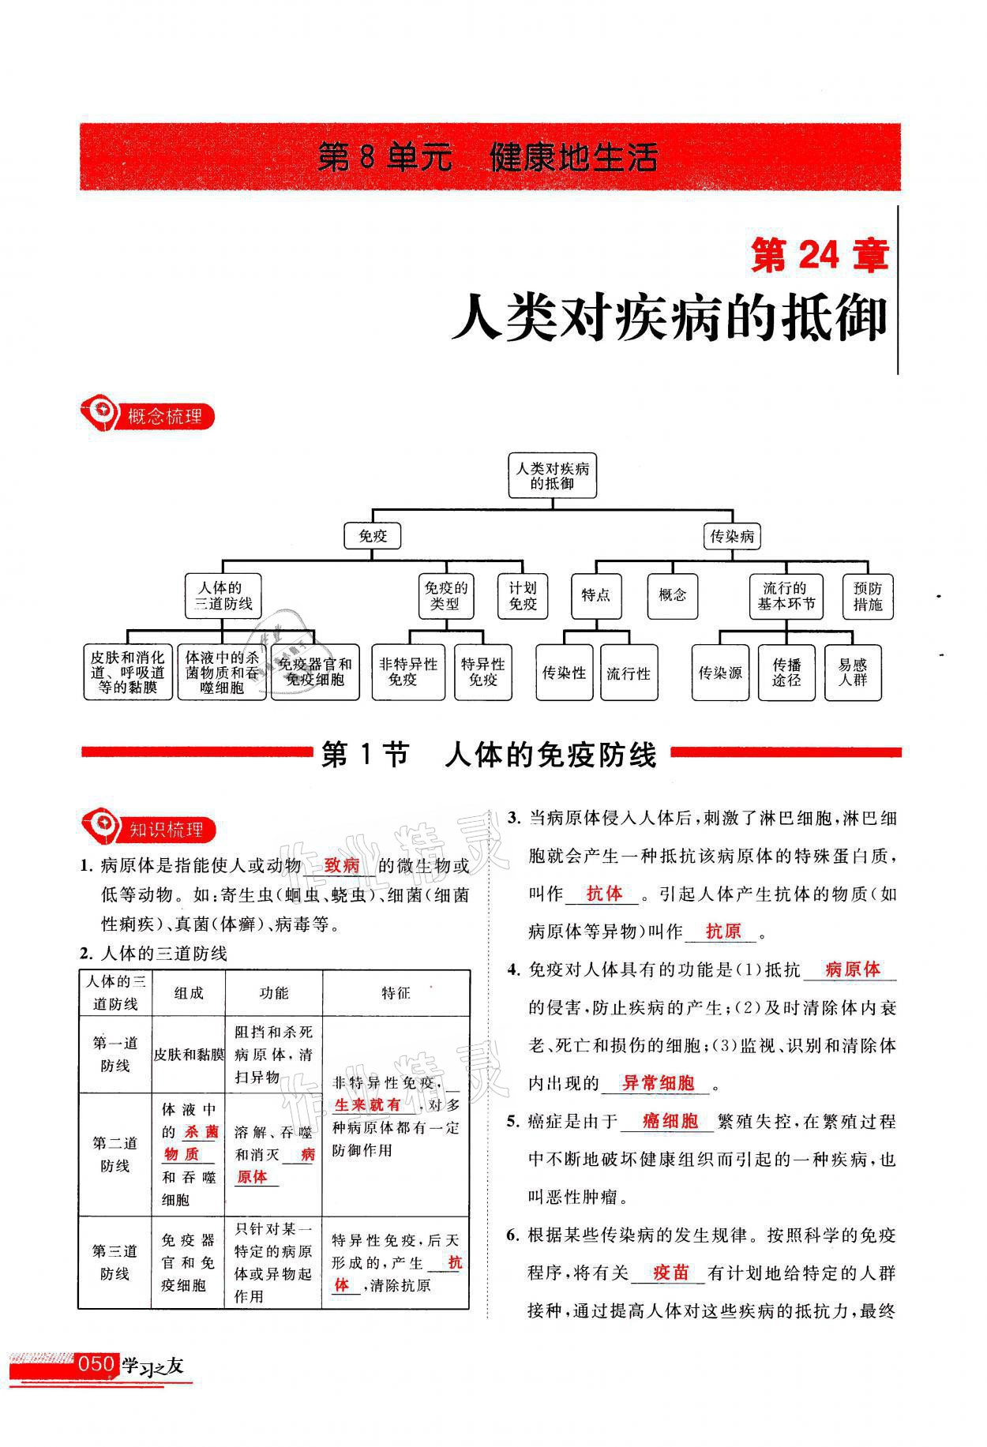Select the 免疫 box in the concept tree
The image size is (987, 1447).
click(373, 537)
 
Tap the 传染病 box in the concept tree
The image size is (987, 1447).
click(731, 537)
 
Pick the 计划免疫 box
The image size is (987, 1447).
click(522, 596)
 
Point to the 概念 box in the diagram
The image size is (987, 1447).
click(672, 595)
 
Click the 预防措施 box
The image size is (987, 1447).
click(867, 596)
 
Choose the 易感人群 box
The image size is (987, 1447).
click(852, 673)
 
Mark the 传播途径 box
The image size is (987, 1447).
click(786, 673)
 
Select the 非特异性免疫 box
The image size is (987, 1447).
click(408, 672)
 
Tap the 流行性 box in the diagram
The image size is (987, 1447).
click(628, 673)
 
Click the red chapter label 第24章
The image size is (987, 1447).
click(820, 256)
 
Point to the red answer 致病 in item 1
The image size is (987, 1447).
click(341, 865)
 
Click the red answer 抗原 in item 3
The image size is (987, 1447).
click(722, 932)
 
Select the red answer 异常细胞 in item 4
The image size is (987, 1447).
click(658, 1083)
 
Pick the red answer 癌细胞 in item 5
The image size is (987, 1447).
click(670, 1121)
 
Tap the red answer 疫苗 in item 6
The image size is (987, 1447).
click(671, 1273)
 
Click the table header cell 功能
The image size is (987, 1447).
click(274, 993)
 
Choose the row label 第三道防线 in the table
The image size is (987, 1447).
click(115, 1262)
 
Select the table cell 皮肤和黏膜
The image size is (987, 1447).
click(189, 1054)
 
